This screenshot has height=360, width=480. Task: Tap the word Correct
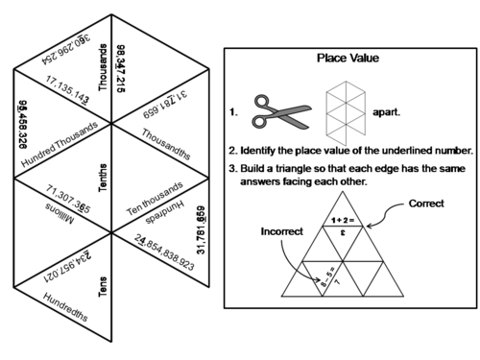(x=426, y=204)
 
